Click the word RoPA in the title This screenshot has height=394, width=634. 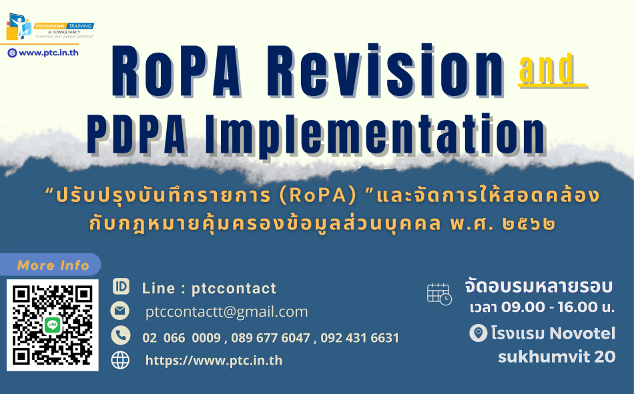(x=176, y=71)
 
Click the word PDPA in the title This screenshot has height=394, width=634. (x=137, y=134)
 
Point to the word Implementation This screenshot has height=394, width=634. (x=376, y=135)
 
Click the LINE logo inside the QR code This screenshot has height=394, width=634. (x=52, y=325)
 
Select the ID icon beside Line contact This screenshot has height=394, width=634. (x=121, y=287)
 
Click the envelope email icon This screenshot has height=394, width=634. (x=120, y=311)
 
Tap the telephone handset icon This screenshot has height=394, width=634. (x=121, y=335)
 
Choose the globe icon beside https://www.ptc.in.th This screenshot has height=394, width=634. (x=121, y=360)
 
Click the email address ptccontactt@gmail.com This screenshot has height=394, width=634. (x=226, y=312)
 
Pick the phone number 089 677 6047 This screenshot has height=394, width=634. (x=271, y=338)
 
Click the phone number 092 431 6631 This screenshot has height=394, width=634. (x=360, y=338)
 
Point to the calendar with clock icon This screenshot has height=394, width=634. (x=439, y=294)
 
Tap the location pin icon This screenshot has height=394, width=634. (x=479, y=333)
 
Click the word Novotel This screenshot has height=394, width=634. (x=583, y=333)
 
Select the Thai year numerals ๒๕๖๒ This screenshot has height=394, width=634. (x=529, y=224)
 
